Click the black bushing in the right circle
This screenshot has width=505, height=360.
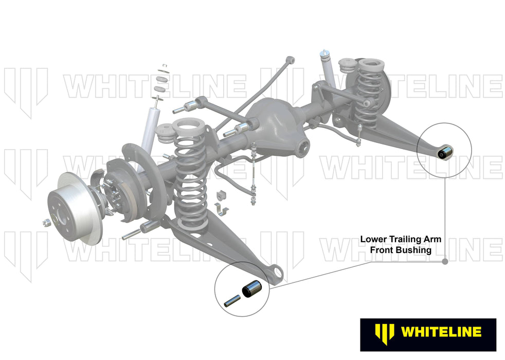(x=446, y=151)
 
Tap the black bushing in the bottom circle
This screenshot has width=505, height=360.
(x=253, y=290)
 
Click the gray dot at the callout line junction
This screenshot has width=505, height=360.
(x=445, y=261)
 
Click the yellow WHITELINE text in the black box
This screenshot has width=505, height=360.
(x=441, y=332)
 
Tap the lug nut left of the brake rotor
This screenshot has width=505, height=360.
(x=45, y=222)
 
